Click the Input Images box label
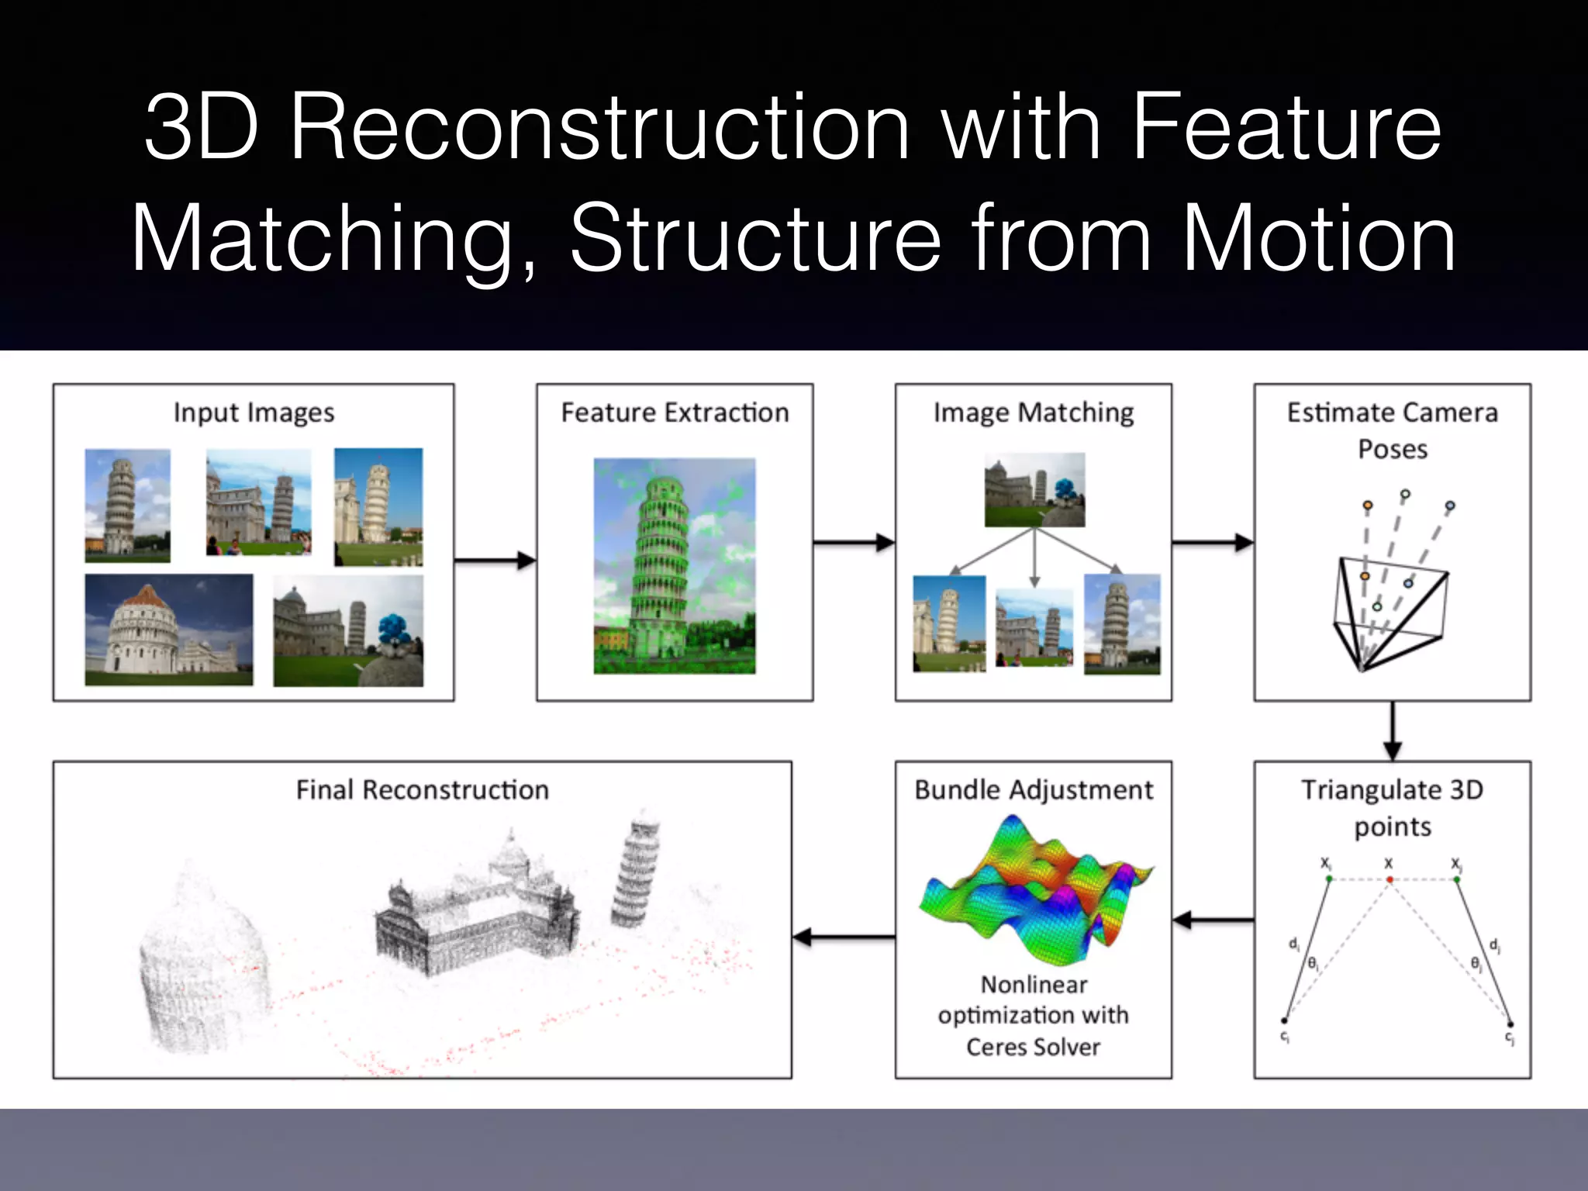coord(254,413)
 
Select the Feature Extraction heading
coord(675,413)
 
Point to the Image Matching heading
coord(1033,413)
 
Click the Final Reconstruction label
coord(422,789)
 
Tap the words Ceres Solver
coord(1033,1047)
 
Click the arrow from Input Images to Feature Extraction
coord(495,560)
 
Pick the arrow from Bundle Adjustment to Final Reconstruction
coord(843,937)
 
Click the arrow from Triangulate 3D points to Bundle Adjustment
coord(1213,920)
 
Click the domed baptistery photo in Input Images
coord(168,630)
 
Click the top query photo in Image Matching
coord(1034,490)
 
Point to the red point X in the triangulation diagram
coord(1389,879)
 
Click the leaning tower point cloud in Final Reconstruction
coord(636,868)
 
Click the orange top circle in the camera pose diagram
coord(1367,506)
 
